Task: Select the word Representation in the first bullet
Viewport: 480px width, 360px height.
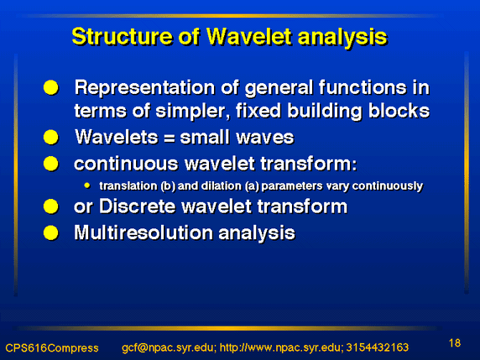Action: coord(145,88)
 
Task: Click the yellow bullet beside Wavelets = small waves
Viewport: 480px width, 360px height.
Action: coord(51,137)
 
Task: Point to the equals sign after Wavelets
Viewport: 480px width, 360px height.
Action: coord(170,138)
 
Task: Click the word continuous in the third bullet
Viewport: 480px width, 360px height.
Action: coord(126,164)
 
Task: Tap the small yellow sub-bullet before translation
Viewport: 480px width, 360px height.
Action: coord(87,185)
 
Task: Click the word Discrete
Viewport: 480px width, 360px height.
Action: coord(138,206)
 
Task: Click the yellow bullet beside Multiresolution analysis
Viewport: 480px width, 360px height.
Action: coord(51,233)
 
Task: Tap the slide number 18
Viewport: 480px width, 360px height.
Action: coord(455,343)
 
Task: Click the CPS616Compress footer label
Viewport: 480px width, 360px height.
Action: coord(52,348)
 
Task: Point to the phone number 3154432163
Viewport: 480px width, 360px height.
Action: coord(378,347)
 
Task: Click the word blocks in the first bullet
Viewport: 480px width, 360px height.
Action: coord(399,111)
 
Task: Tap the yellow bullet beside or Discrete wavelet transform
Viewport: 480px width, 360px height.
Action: coord(51,206)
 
